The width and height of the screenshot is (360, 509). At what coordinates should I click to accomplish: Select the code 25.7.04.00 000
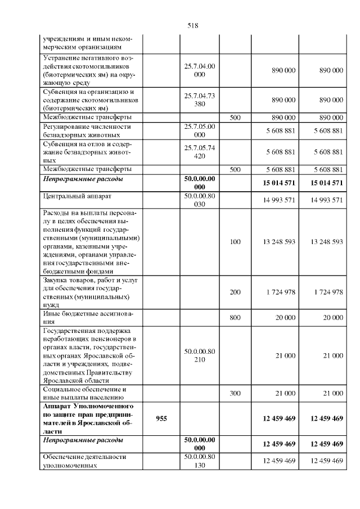click(x=199, y=70)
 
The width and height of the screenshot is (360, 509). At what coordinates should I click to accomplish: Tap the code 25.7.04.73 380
click(x=199, y=100)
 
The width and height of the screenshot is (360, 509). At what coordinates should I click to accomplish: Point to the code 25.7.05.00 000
click(x=199, y=130)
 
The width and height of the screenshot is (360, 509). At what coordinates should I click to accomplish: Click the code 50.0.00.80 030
click(x=199, y=200)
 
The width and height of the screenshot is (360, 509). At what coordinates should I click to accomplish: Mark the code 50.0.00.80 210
click(x=199, y=355)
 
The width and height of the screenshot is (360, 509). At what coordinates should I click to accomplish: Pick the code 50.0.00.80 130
click(x=199, y=461)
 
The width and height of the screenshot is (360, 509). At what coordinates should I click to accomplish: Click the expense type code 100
click(x=235, y=242)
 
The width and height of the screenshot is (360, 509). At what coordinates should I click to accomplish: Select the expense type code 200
click(x=235, y=292)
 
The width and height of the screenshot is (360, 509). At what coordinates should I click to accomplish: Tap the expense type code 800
click(x=235, y=318)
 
